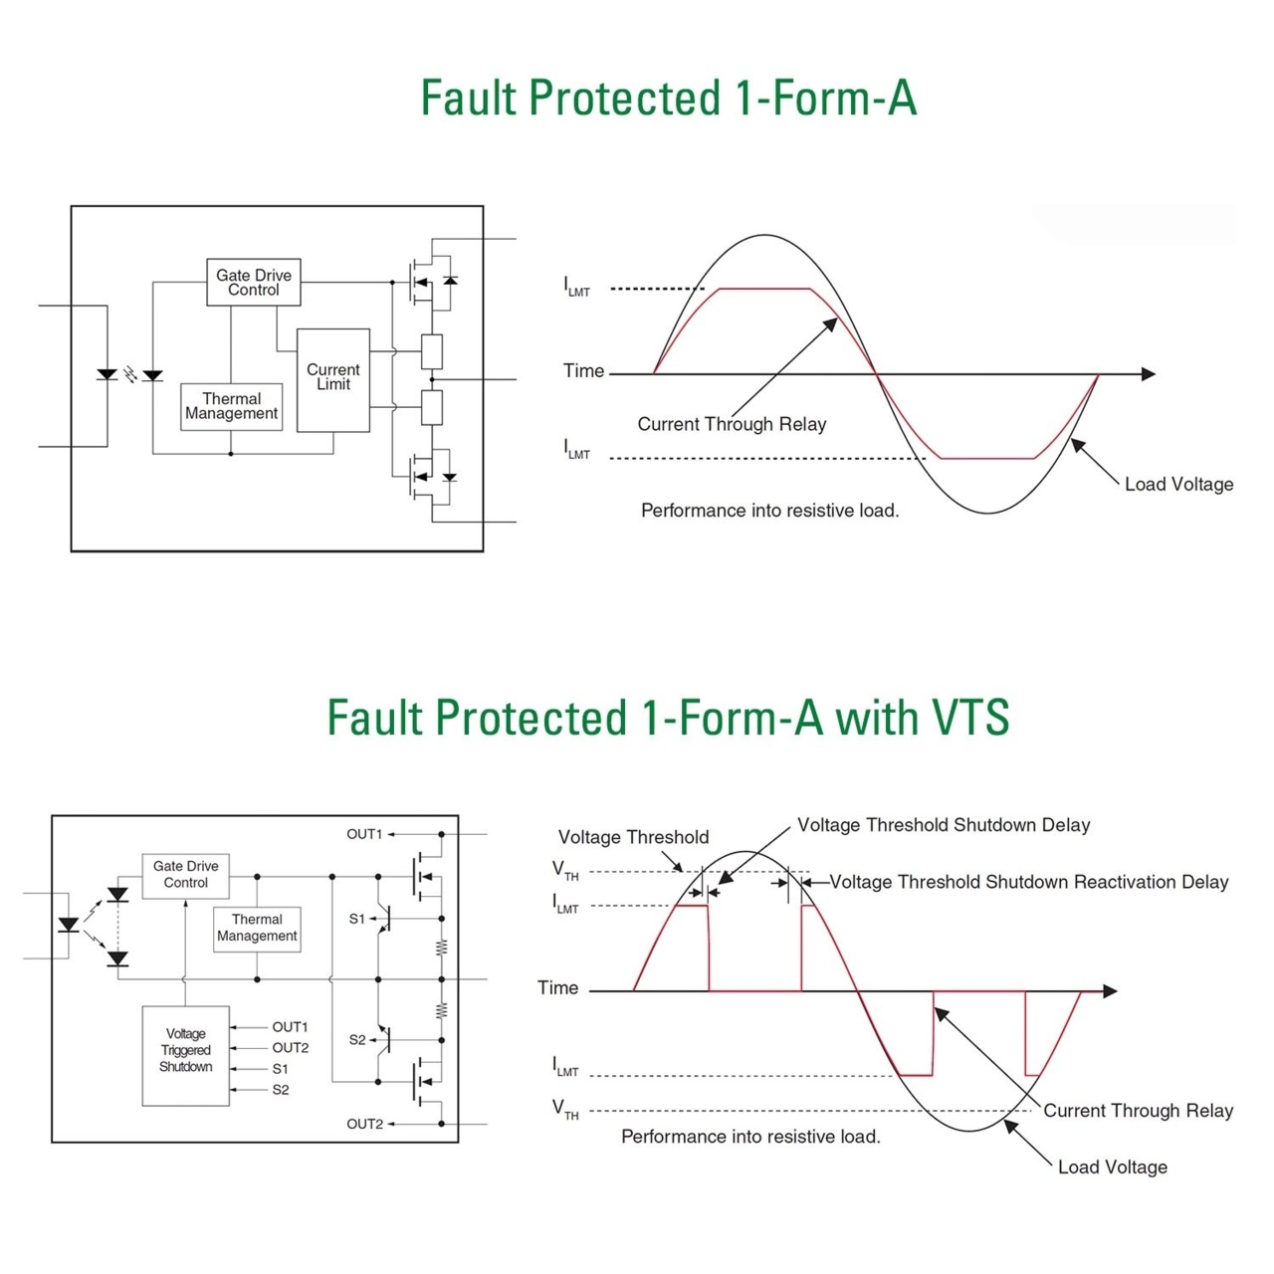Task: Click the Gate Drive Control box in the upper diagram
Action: click(254, 283)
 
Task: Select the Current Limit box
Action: click(333, 378)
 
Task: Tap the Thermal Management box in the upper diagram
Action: click(232, 406)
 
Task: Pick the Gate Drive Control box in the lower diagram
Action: click(186, 875)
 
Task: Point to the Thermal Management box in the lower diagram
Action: click(257, 928)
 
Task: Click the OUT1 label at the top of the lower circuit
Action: click(364, 834)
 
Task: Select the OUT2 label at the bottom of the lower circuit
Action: click(364, 1124)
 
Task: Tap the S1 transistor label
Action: click(357, 919)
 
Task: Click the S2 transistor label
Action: click(357, 1040)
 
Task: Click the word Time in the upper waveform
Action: click(583, 371)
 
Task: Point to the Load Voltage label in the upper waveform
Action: click(1178, 485)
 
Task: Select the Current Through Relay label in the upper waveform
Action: click(732, 424)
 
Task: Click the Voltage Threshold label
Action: click(633, 837)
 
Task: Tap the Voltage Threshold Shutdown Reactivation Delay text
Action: click(1029, 882)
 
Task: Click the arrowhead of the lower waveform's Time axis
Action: click(1111, 991)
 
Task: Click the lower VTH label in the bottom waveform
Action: click(565, 1110)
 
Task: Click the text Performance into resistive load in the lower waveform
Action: click(750, 1137)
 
